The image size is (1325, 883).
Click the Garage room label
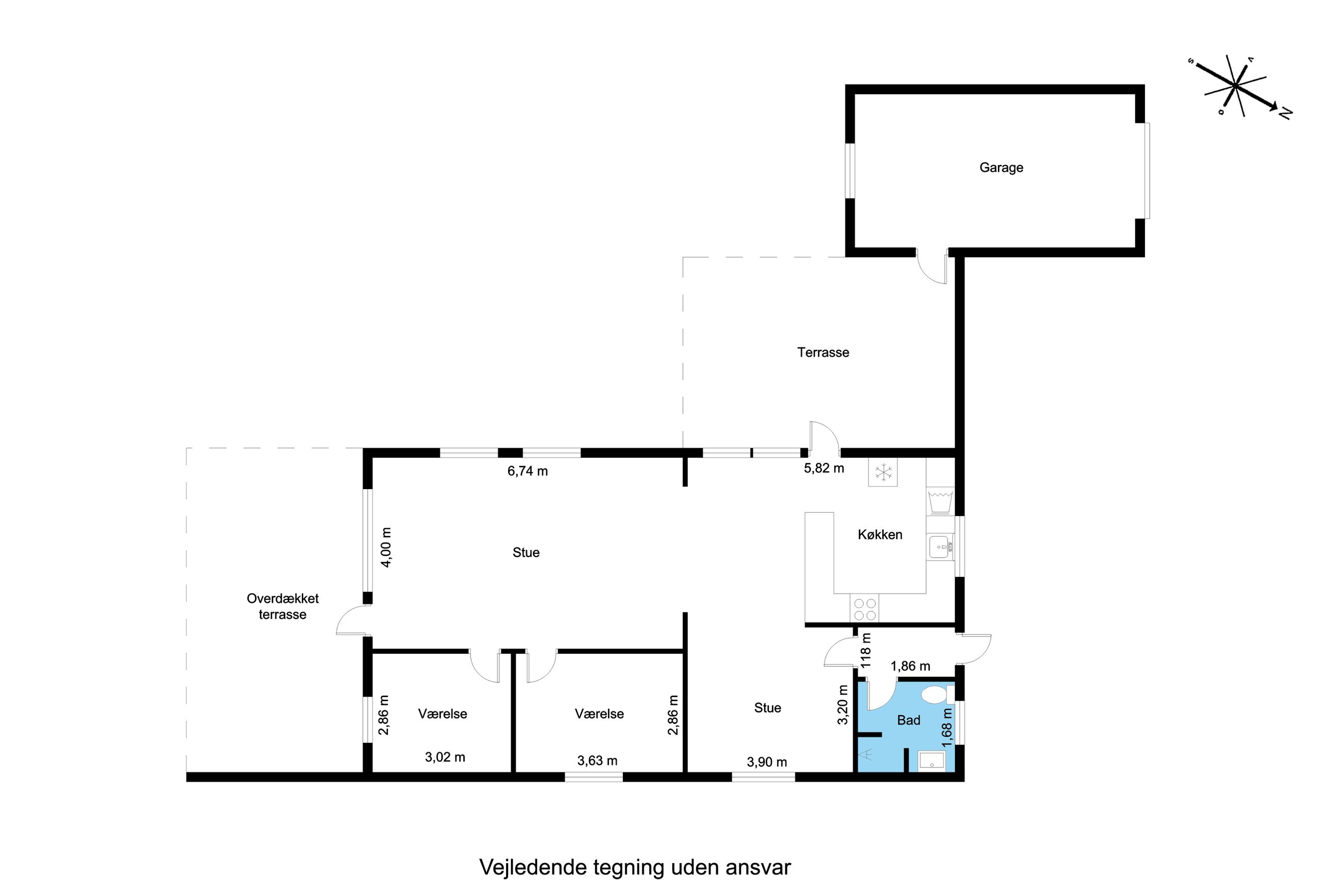pos(1001,167)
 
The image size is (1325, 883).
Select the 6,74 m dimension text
pos(527,471)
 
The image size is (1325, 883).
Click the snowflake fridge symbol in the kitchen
pos(883,472)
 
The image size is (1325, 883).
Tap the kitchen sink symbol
pos(940,546)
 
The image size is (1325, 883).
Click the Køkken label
pos(880,534)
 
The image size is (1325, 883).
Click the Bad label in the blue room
pos(908,719)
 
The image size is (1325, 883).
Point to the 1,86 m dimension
pos(910,666)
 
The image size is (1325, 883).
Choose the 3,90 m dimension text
pos(766,762)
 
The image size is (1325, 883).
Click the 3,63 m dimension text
pos(597,761)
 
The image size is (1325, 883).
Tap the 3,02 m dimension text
pos(445,757)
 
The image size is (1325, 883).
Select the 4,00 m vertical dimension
pos(386,547)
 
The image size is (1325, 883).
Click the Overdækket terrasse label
pos(283,606)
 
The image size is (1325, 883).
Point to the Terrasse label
pos(823,352)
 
